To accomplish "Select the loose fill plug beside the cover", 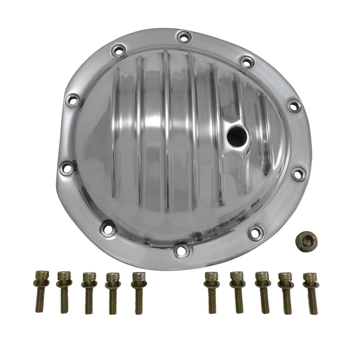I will coord(306,242).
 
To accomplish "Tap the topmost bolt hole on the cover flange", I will coord(184,36).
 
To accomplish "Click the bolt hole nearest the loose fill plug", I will coord(256,232).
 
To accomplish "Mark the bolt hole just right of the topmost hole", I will coord(247,62).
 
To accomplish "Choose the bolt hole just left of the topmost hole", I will coord(119,50).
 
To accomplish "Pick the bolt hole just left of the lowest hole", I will coord(108,228).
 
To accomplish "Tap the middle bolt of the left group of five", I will coord(89,292).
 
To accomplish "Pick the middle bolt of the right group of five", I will coord(262,292).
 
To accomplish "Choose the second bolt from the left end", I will coord(64,292).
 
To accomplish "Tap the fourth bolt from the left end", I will coord(113,292).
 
